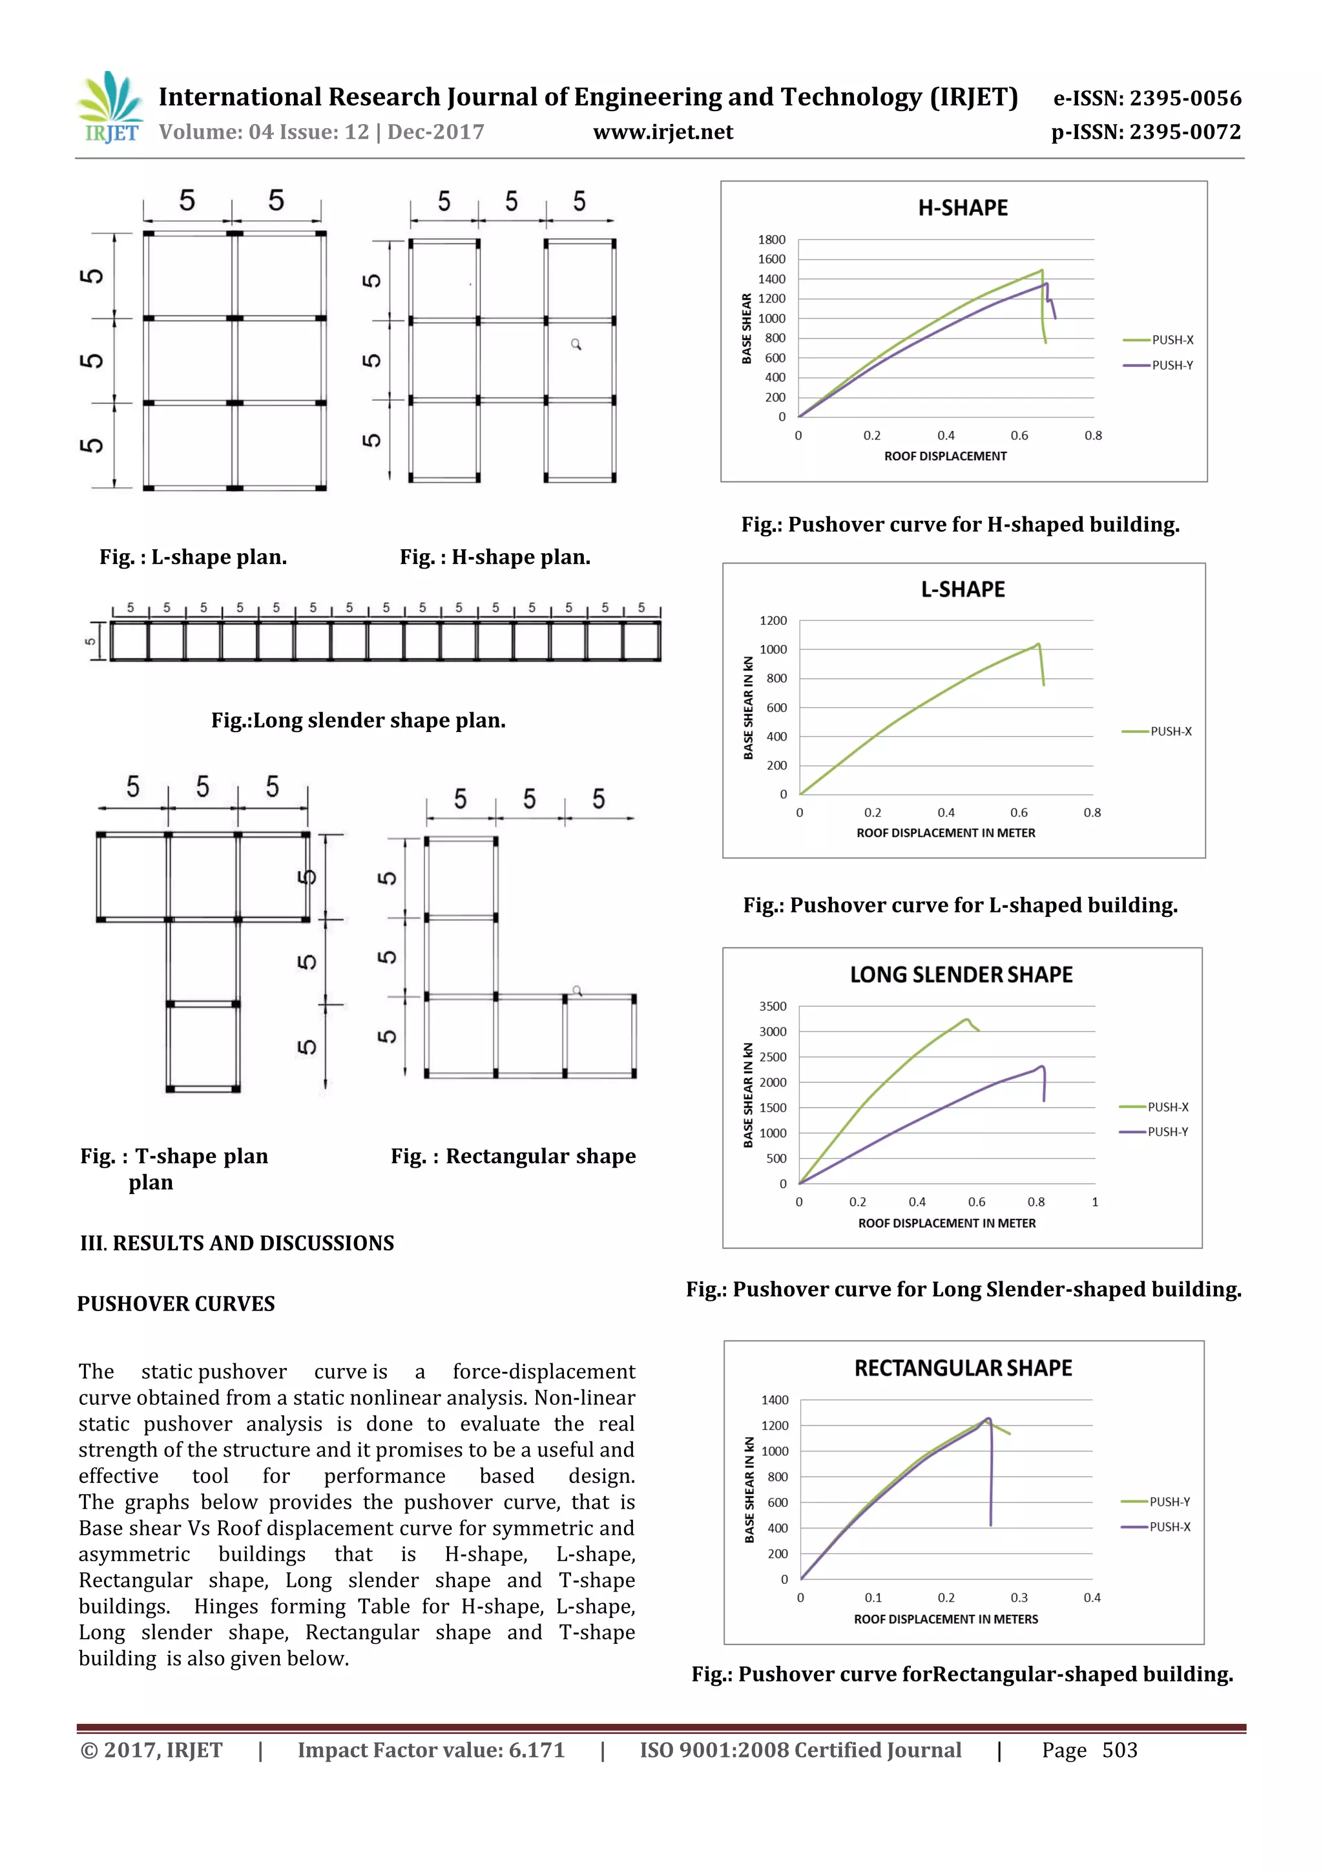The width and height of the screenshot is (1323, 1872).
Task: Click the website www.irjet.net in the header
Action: click(663, 132)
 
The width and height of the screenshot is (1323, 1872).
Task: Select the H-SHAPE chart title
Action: click(963, 208)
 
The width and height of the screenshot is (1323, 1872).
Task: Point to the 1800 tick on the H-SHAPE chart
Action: click(771, 240)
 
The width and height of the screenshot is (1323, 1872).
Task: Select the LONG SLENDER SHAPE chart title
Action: click(961, 974)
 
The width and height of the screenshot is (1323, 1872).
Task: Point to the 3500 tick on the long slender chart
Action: click(773, 1006)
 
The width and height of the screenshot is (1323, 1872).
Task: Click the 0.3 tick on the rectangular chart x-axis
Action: click(1019, 1597)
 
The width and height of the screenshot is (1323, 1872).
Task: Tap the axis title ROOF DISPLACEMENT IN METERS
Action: click(946, 1619)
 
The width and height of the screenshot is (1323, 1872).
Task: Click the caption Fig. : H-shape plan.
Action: click(495, 557)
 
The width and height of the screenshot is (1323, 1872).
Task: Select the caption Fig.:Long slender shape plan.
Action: click(358, 720)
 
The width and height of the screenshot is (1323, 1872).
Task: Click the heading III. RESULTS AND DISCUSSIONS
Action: click(236, 1243)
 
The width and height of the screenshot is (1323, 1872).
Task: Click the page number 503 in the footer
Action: click(1120, 1750)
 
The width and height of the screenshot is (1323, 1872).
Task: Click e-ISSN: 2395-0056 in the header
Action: click(1147, 99)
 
